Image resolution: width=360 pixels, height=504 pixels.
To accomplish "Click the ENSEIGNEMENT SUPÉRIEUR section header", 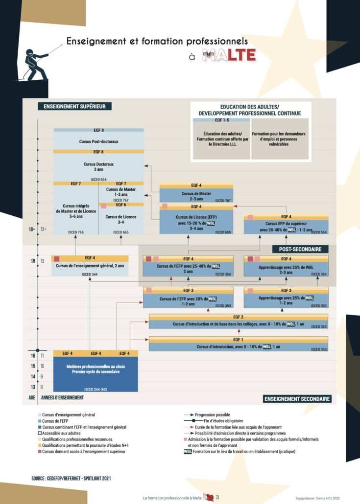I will (x=75, y=106).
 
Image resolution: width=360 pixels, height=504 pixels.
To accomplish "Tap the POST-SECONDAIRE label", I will (x=300, y=249).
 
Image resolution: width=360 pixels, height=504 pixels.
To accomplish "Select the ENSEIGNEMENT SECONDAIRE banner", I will (x=297, y=399).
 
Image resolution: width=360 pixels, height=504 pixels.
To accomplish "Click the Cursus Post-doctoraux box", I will (x=98, y=141).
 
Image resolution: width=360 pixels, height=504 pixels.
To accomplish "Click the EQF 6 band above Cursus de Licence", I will (x=121, y=205).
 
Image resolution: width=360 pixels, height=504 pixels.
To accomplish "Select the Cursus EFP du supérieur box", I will (x=286, y=227).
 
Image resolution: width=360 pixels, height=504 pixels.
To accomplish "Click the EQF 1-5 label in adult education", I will (x=221, y=120).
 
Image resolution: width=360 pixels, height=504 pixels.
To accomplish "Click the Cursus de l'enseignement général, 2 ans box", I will (x=90, y=266).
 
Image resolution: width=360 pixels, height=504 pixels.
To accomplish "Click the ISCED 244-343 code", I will (x=96, y=389).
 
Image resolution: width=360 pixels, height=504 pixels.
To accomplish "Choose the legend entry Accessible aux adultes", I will (x=62, y=433).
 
